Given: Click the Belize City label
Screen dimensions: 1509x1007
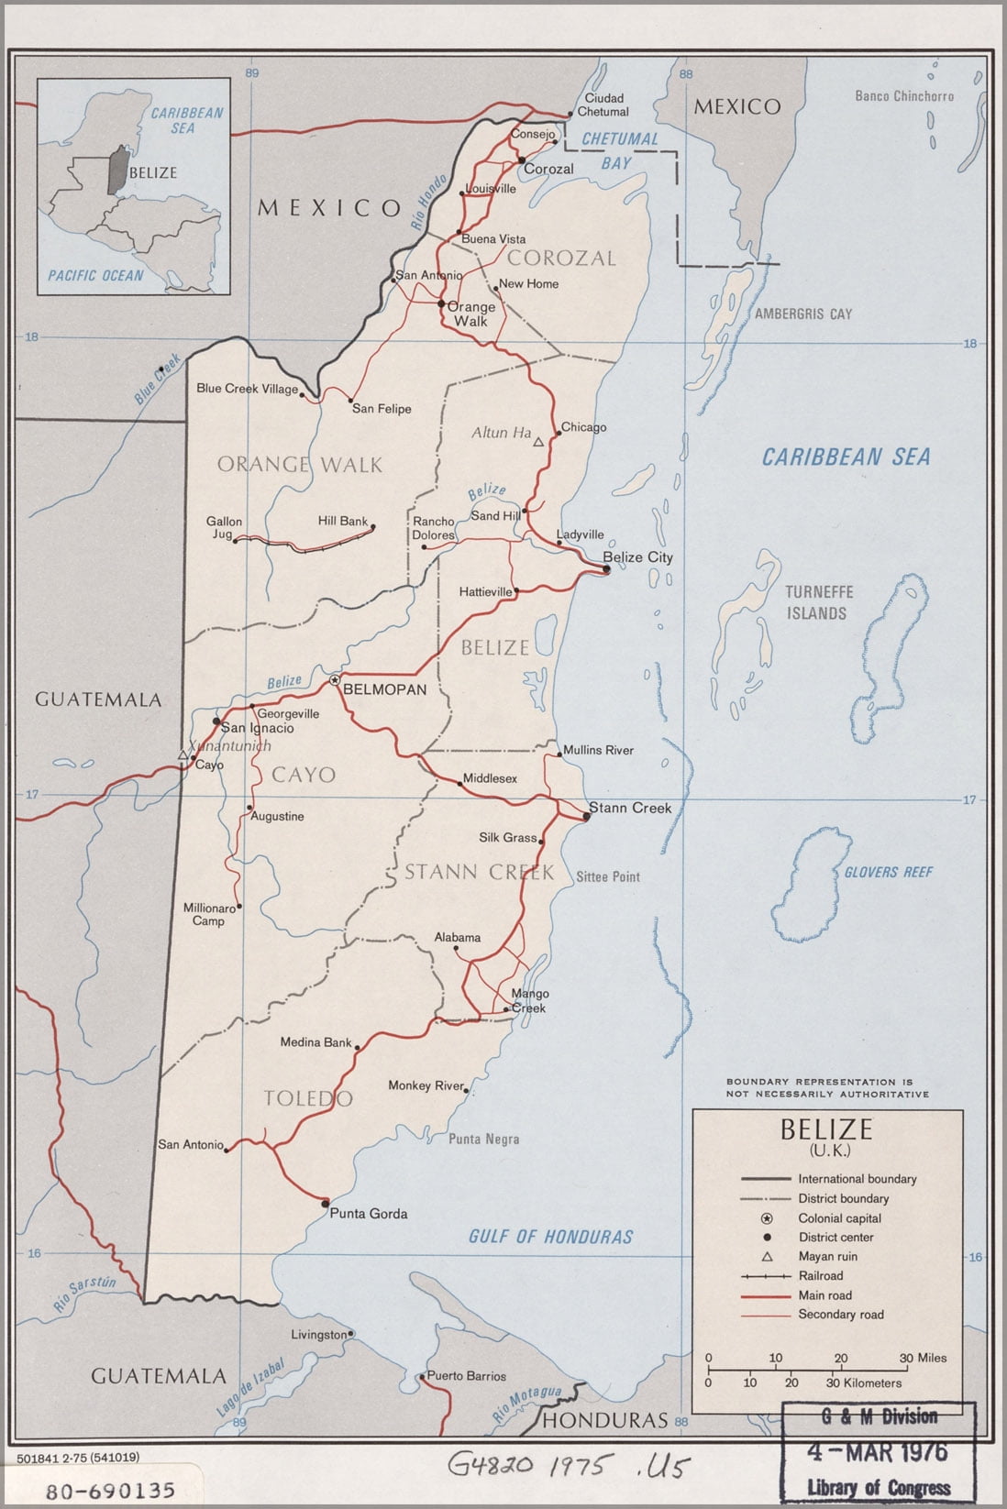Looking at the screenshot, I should pyautogui.click(x=637, y=556).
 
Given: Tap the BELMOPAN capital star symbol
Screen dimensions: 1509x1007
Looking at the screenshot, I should pyautogui.click(x=335, y=680).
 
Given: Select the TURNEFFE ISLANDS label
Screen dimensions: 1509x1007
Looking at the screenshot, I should pyautogui.click(x=818, y=602).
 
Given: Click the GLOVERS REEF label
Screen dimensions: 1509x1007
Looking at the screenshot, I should pyautogui.click(x=887, y=872).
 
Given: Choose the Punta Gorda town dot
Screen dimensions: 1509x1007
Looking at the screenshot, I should pyautogui.click(x=325, y=1203).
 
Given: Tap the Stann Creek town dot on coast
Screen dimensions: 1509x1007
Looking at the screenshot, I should pyautogui.click(x=587, y=816).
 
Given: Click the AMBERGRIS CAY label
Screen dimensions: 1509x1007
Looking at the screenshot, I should pyautogui.click(x=802, y=314).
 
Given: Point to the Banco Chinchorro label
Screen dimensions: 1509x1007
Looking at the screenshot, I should pyautogui.click(x=903, y=95).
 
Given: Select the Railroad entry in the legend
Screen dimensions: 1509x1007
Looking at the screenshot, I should pyautogui.click(x=820, y=1275).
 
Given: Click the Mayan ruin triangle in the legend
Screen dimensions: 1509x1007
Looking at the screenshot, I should pyautogui.click(x=767, y=1256).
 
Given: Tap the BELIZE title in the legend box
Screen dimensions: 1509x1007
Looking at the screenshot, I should pyautogui.click(x=826, y=1129).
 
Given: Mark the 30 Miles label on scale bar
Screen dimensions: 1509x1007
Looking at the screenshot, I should pyautogui.click(x=922, y=1358).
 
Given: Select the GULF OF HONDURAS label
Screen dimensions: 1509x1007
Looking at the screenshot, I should pyautogui.click(x=550, y=1237).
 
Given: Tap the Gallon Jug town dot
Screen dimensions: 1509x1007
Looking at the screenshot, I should pyautogui.click(x=236, y=541).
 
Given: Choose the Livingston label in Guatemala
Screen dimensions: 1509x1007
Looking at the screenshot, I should pyautogui.click(x=318, y=1335).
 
